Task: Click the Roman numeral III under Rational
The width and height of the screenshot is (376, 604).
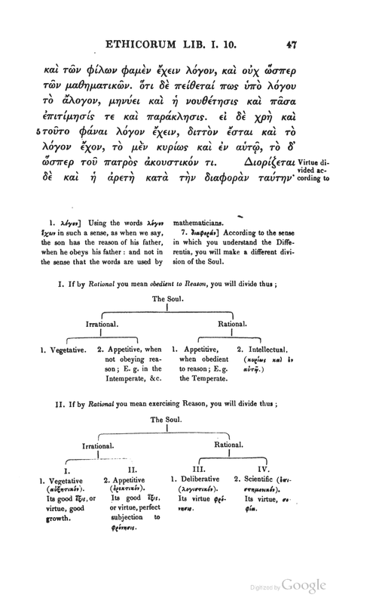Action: (188, 470)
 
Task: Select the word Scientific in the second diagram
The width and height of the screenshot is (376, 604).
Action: (265, 480)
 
